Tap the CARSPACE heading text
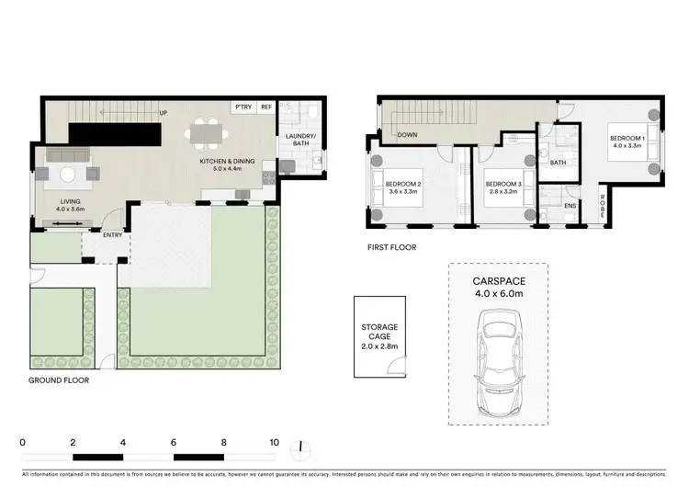[x=497, y=283]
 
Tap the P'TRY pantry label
[x=243, y=107]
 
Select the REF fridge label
[x=266, y=107]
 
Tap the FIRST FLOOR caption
[x=391, y=247]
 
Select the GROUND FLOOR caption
[x=59, y=379]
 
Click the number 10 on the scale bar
[x=274, y=442]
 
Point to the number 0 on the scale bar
[x=22, y=442]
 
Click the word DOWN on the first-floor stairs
[x=409, y=135]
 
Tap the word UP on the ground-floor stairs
[x=164, y=113]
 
